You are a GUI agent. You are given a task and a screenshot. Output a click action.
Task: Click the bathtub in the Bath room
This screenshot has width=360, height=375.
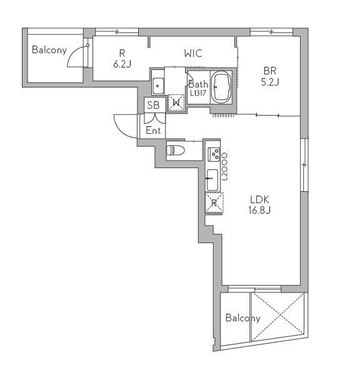click(x=221, y=87)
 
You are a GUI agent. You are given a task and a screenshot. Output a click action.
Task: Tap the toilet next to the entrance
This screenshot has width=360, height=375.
click(x=176, y=151)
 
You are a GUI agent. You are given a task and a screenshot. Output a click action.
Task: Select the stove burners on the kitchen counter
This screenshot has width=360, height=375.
click(x=214, y=154)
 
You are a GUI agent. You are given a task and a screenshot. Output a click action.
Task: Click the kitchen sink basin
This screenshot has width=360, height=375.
click(x=212, y=180)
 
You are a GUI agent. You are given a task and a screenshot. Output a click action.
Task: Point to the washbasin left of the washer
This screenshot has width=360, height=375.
click(x=158, y=86)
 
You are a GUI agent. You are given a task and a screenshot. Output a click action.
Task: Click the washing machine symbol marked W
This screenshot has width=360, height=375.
click(x=176, y=103)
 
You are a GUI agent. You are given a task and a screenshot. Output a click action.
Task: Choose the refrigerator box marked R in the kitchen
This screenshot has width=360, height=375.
click(x=214, y=202)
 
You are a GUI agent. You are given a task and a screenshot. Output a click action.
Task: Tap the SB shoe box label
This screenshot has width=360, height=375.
click(x=153, y=105)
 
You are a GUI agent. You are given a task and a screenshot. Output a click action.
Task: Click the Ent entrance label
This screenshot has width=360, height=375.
click(x=153, y=131)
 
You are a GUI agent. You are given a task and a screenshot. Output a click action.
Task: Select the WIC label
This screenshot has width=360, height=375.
click(x=193, y=53)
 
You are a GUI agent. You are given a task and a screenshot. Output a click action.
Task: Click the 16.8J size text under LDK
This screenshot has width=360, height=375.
click(x=259, y=210)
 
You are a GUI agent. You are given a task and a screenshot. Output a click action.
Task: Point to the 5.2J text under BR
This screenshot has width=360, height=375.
click(x=270, y=82)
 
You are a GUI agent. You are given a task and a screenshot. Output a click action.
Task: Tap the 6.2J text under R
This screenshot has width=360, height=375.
click(x=122, y=64)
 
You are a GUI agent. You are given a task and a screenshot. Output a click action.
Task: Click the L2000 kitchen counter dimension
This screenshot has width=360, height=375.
click(x=224, y=165)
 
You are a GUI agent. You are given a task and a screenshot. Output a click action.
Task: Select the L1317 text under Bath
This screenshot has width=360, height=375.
click(x=198, y=93)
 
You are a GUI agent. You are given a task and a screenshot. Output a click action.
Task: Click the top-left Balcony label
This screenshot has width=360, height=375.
click(x=49, y=50)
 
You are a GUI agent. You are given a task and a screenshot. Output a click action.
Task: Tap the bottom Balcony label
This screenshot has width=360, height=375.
click(x=242, y=318)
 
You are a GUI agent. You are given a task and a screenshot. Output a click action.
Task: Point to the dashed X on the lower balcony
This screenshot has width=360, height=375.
click(x=278, y=317)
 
